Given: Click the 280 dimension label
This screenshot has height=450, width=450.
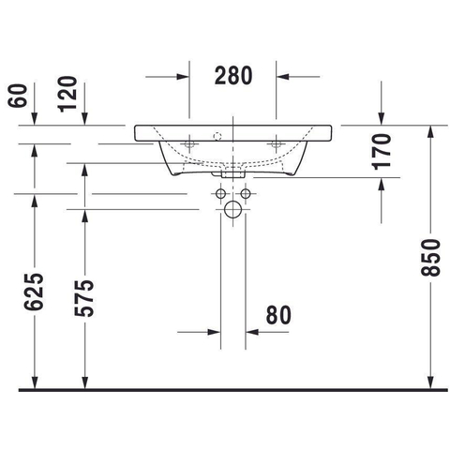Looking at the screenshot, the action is click(233, 76).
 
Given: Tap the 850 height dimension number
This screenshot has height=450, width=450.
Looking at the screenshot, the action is click(430, 258).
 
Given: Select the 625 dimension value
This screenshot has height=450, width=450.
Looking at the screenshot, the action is click(34, 292).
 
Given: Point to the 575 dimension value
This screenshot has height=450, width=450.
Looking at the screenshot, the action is click(84, 298).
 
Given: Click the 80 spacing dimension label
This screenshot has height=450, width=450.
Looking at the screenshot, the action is click(278, 315).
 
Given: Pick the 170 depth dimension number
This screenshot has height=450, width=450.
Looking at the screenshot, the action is click(382, 152).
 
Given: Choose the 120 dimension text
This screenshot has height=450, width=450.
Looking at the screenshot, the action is click(67, 94).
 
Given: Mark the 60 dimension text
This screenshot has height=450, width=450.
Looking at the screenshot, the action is click(17, 96).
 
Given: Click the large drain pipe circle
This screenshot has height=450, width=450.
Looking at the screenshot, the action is click(232, 209).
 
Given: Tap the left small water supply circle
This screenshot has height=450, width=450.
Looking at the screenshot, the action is click(220, 194).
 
